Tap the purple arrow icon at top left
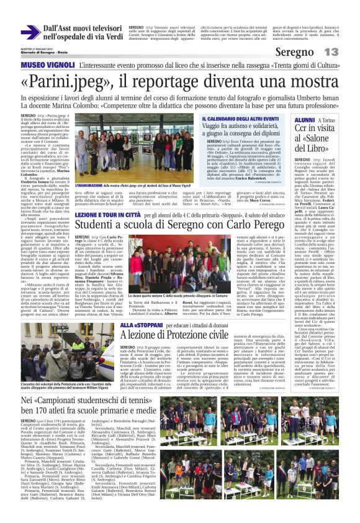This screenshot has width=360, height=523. click(x=30, y=32)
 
